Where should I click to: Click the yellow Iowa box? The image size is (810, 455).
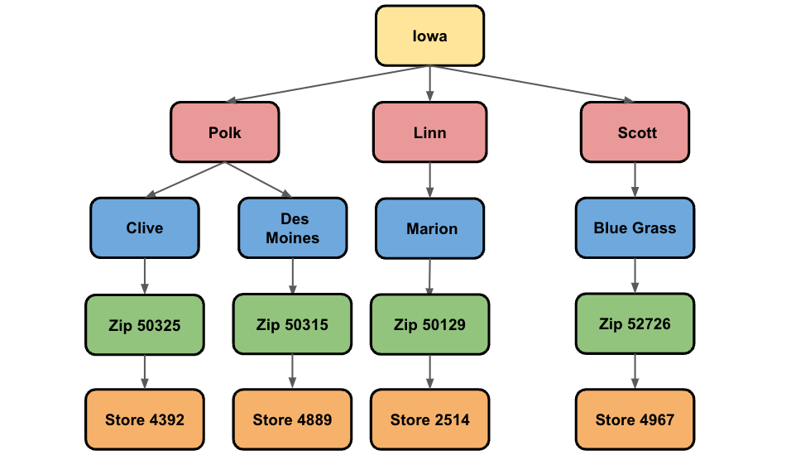point(429,36)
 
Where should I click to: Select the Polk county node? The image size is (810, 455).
point(224,132)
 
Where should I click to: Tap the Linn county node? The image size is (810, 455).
point(429,132)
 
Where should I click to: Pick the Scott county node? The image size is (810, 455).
point(635,132)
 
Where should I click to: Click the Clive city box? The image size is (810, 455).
point(145,228)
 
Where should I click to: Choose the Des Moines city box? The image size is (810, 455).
point(292,228)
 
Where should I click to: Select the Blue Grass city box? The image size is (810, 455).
point(635,228)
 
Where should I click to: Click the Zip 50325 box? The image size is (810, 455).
point(145,325)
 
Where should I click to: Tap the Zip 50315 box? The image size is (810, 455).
point(291,325)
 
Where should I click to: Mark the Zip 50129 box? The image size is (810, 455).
point(429,325)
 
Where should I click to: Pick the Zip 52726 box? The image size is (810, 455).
point(635,323)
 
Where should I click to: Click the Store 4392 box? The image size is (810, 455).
point(145,420)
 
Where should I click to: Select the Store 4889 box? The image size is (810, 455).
point(292,420)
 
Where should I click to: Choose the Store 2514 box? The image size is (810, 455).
point(429,420)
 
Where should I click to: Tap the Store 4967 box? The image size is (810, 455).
point(635,420)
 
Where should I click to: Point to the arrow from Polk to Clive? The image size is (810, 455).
point(186,180)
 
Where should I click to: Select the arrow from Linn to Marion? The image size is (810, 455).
point(429,180)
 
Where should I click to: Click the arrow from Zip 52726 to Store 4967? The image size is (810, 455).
point(635,371)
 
